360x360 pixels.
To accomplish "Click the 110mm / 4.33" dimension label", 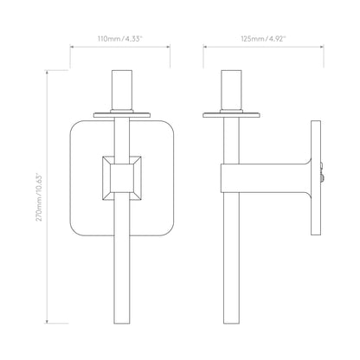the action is pyautogui.click(x=120, y=39).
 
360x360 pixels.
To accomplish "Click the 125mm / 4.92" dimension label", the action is pyautogui.click(x=263, y=39).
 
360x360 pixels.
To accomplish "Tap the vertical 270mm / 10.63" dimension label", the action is pyautogui.click(x=39, y=197).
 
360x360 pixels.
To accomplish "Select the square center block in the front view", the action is pyautogui.click(x=122, y=178).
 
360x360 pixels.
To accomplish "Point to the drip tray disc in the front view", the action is pyautogui.click(x=122, y=115).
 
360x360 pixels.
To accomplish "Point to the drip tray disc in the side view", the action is pyautogui.click(x=231, y=115).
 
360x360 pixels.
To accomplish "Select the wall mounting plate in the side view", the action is pyautogui.click(x=316, y=178).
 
